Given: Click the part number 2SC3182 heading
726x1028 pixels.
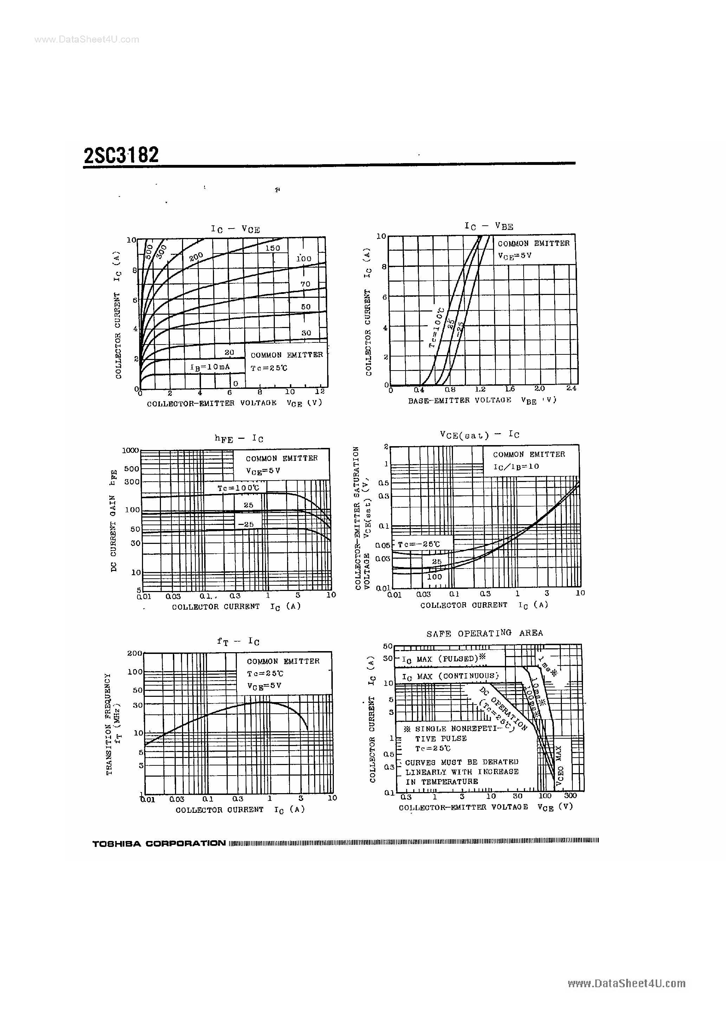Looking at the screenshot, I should pyautogui.click(x=121, y=155).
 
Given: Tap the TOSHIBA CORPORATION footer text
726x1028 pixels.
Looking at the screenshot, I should pyautogui.click(x=159, y=843).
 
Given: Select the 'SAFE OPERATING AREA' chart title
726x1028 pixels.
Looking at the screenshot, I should pyautogui.click(x=484, y=633).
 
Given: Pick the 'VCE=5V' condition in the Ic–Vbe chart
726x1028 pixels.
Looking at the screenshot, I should pyautogui.click(x=515, y=256).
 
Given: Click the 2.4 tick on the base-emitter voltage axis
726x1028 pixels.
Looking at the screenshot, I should pyautogui.click(x=571, y=388).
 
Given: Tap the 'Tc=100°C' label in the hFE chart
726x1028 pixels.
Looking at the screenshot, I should pyautogui.click(x=238, y=488).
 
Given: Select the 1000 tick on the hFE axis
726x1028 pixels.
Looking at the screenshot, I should pyautogui.click(x=131, y=450).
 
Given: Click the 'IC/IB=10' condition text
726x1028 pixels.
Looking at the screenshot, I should pyautogui.click(x=516, y=467).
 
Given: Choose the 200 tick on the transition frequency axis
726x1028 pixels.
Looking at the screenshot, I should pyautogui.click(x=134, y=653).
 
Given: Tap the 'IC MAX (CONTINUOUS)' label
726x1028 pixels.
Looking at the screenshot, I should pyautogui.click(x=450, y=676).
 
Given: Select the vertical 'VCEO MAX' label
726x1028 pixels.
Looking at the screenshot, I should pyautogui.click(x=559, y=766).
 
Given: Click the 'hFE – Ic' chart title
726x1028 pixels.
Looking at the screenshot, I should pyautogui.click(x=239, y=439).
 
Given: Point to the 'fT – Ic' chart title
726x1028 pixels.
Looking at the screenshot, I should pyautogui.click(x=238, y=642).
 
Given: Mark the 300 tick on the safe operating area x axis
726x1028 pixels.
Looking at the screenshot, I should pyautogui.click(x=570, y=796).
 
